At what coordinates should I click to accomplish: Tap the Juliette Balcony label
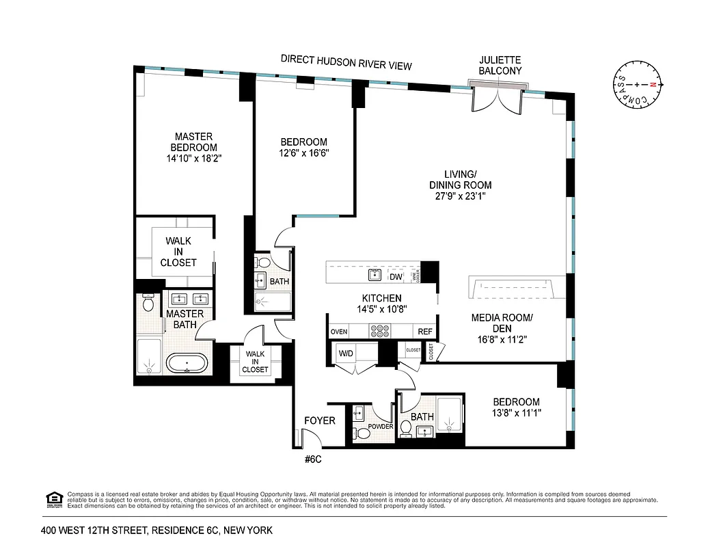[500, 66]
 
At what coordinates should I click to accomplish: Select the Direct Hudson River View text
[346, 62]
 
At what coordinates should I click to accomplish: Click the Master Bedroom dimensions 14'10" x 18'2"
[194, 158]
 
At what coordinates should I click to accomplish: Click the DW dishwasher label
[396, 277]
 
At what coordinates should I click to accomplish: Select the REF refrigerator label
[425, 332]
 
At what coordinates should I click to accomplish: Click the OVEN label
[339, 332]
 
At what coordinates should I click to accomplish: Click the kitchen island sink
[375, 275]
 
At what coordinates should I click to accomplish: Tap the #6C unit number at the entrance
[312, 459]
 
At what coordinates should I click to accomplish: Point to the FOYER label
[320, 421]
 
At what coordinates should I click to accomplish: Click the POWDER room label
[381, 426]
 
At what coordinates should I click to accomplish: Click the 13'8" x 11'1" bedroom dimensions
[517, 413]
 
